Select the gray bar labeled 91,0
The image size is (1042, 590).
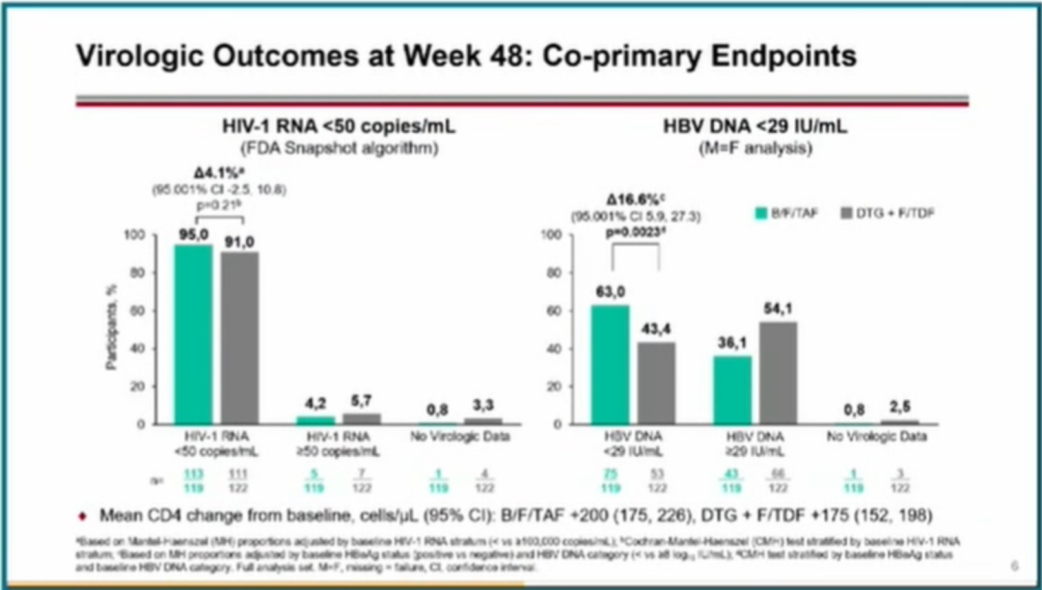pos(240,338)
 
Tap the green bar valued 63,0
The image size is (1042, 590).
pos(610,364)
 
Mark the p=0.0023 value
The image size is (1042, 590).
pos(634,233)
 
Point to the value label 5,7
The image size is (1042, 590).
pos(358,402)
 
